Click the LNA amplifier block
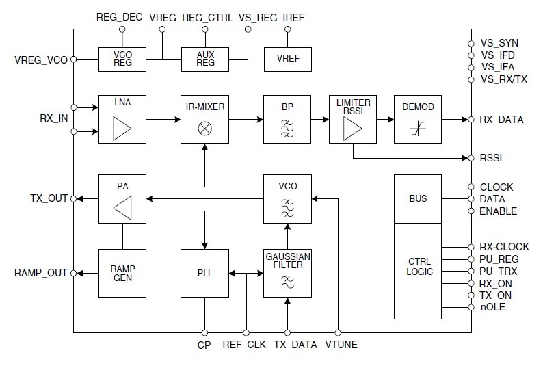pos(122,119)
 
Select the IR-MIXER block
pos(204,119)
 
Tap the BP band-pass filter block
pos(287,119)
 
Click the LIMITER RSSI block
pos(353,119)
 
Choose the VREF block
pos(287,60)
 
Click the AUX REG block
pos(204,60)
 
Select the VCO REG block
pos(122,60)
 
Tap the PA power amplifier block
pos(122,198)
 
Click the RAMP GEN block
pos(122,273)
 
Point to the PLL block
pos(204,273)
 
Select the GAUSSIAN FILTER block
pos(287,273)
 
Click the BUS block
pos(419,198)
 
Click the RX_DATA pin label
pos(502,120)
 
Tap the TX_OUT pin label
pos(49,199)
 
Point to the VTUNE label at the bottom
pos(340,345)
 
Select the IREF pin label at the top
pos(293,17)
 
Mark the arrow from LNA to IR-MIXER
pos(163,119)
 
